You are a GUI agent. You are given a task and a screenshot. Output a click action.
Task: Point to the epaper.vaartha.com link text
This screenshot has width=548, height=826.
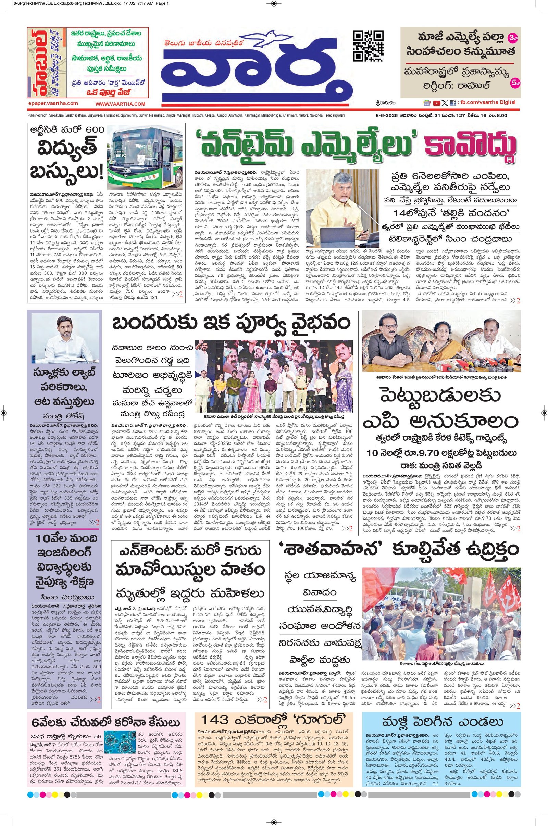53,103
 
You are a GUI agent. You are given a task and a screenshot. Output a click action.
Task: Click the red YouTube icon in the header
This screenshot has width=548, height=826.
436,103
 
